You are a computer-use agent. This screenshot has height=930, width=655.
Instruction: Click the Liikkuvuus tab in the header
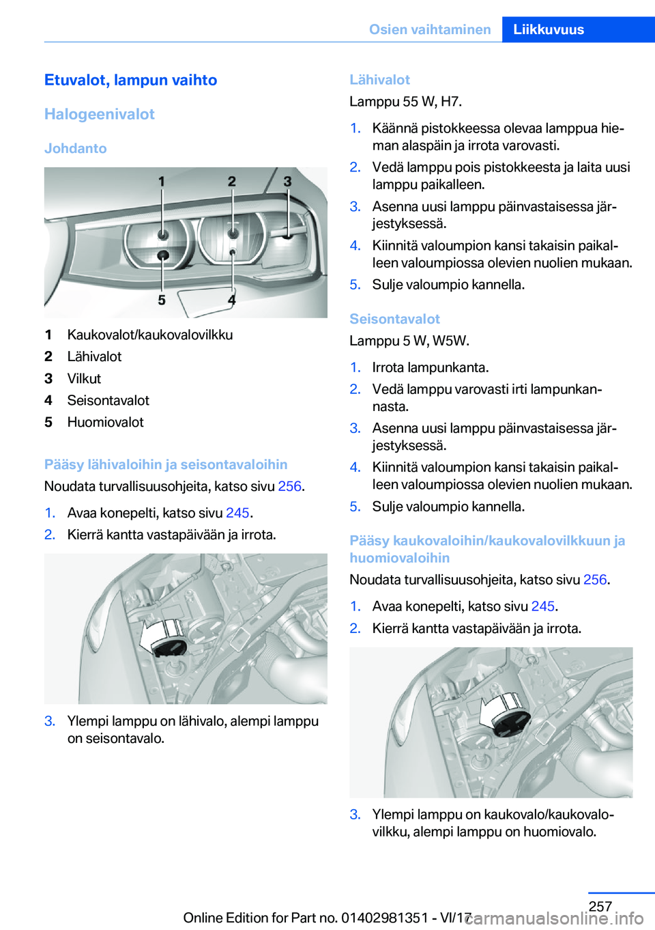tap(549, 29)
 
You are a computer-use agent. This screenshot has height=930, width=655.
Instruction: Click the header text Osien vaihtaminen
tap(430, 29)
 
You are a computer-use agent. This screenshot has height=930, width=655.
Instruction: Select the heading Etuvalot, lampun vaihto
tap(130, 80)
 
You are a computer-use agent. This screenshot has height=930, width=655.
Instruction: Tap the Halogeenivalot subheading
tap(100, 114)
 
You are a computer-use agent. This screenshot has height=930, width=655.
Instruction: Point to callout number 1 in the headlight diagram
tap(162, 182)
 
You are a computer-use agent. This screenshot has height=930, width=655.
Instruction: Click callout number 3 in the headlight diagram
tap(287, 182)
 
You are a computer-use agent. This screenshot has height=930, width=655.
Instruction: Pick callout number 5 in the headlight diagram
tap(162, 300)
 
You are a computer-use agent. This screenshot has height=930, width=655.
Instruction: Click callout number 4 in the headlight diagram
tap(232, 300)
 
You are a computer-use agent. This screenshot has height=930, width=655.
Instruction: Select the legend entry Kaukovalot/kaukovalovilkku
tap(150, 335)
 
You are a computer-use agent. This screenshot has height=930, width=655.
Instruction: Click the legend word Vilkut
tap(84, 378)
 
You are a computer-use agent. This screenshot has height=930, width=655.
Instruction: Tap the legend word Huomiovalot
tap(106, 422)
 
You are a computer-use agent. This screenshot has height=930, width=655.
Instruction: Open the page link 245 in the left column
tap(237, 513)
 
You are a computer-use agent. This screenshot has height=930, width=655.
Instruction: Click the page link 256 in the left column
tap(289, 486)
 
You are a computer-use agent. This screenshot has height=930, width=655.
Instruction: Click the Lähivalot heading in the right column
tap(379, 80)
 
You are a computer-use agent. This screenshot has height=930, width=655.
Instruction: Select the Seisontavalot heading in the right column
tap(394, 319)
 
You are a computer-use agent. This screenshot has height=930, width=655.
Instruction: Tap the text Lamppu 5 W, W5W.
tap(409, 341)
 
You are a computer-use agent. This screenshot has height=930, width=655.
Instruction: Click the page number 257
tap(600, 906)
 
